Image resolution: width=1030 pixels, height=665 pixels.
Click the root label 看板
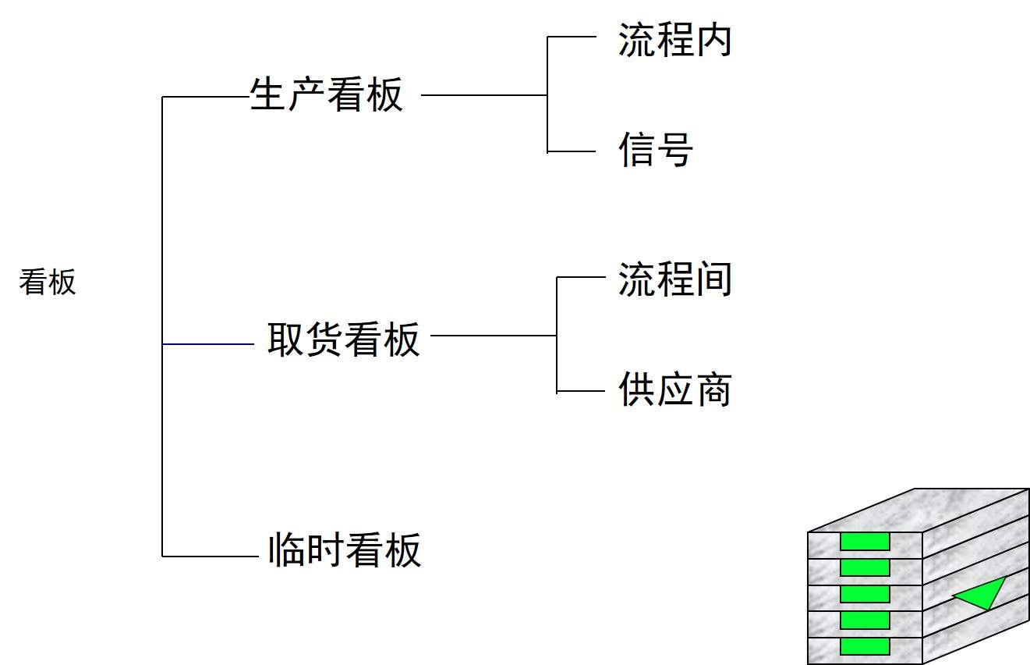pos(48,282)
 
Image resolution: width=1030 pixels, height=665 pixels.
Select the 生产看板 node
pos(326,95)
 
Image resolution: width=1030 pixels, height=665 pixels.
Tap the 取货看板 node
pos(343,340)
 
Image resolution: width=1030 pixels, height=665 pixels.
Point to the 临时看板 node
pos(344,549)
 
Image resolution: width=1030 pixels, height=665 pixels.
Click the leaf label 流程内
pos(674,41)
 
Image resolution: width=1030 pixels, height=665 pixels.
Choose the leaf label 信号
pos(655,149)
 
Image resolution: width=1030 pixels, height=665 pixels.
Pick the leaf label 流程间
pos(674,279)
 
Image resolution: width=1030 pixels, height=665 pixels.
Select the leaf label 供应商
pos(674,389)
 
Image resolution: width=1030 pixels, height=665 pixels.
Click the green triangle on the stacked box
pos(982,594)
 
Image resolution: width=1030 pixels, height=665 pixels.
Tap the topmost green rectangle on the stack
pos(865,542)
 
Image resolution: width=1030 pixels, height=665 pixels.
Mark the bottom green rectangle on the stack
pos(865,646)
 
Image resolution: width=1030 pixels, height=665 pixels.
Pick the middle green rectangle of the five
pos(865,594)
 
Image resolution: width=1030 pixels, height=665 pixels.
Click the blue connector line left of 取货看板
pos(207,343)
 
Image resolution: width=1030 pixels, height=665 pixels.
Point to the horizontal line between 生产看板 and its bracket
pos(483,96)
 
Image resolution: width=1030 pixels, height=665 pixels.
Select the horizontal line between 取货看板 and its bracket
pos(494,336)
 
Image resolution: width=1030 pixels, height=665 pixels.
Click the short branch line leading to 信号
pos(572,151)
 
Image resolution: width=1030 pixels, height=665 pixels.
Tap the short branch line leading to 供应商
pos(581,392)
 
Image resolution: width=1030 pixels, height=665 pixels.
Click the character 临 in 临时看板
pos(285,549)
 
